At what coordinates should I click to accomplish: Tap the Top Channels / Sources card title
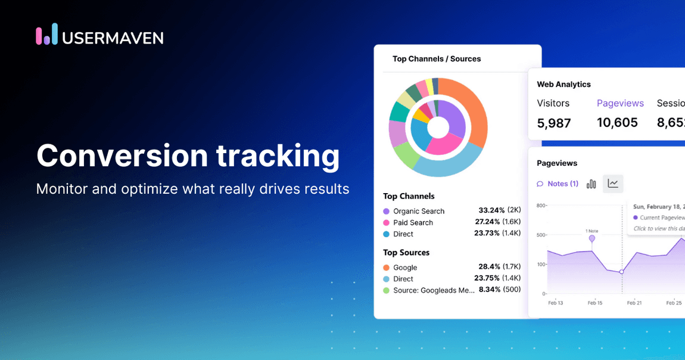pyautogui.click(x=437, y=59)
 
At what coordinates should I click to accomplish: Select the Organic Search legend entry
pyautogui.click(x=418, y=211)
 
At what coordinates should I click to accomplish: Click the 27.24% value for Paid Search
pyautogui.click(x=491, y=222)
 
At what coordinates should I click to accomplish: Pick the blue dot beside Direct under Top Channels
pyautogui.click(x=387, y=234)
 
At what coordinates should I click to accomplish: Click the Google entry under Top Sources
pyautogui.click(x=405, y=268)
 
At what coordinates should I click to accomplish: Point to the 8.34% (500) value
pyautogui.click(x=499, y=290)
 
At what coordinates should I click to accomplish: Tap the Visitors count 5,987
pyautogui.click(x=554, y=123)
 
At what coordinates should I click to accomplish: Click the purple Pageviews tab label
pyautogui.click(x=620, y=103)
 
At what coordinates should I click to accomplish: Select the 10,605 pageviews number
pyautogui.click(x=617, y=122)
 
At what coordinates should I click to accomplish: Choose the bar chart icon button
pyautogui.click(x=591, y=184)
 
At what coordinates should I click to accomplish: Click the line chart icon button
pyautogui.click(x=613, y=184)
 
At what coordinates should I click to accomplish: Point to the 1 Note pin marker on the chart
pyautogui.click(x=592, y=238)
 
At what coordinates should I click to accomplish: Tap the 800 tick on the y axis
pyautogui.click(x=541, y=206)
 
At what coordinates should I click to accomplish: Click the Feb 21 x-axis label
pyautogui.click(x=634, y=303)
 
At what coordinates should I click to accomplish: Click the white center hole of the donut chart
pyautogui.click(x=438, y=127)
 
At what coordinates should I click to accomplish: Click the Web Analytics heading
pyautogui.click(x=563, y=85)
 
